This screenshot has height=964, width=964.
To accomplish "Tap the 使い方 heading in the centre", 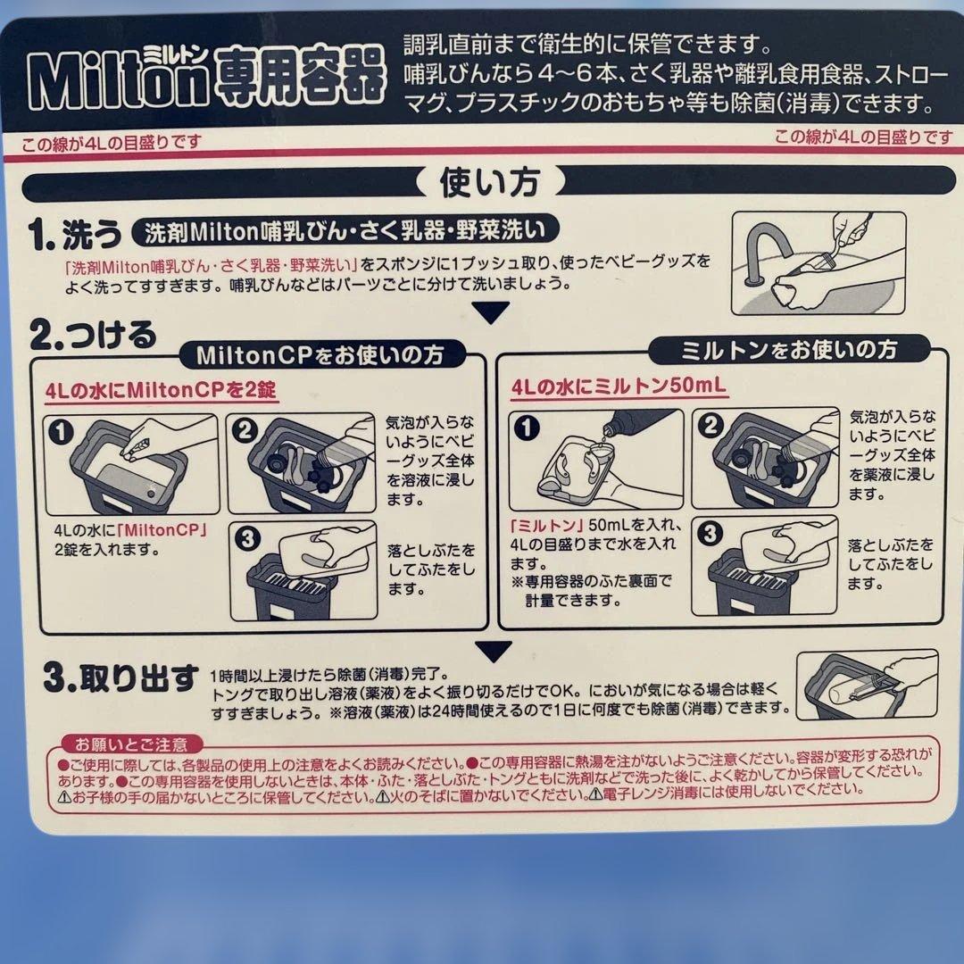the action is tap(490, 182).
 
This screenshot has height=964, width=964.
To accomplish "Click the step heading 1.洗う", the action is tap(74, 234).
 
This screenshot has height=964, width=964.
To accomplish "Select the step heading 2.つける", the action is tap(93, 336).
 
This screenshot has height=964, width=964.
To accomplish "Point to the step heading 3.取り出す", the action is tap(121, 678).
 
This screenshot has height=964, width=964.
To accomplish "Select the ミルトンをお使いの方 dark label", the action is tap(789, 350).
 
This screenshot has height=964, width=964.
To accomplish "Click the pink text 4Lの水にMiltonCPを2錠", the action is tap(161, 390).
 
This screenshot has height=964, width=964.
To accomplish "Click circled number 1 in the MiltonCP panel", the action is tap(61, 432).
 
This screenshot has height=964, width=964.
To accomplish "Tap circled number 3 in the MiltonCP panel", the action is tap(247, 538).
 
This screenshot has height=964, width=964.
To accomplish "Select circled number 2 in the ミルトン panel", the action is tap(711, 425).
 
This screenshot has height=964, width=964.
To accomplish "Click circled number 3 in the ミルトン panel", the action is tap(711, 532).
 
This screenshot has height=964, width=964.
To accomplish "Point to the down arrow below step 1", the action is tap(491, 312).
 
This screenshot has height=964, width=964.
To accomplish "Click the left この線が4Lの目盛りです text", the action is tap(112, 143).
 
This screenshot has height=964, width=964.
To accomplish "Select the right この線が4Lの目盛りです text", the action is tap(863, 137).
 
